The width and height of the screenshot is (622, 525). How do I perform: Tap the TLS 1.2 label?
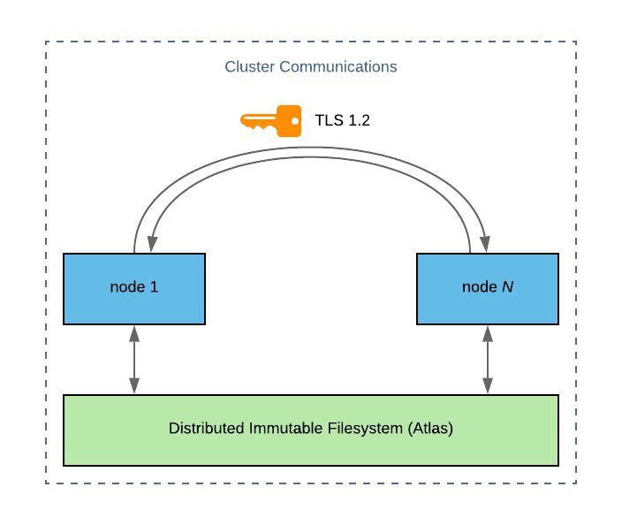[x=342, y=120]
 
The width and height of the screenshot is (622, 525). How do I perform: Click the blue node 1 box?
[x=134, y=288]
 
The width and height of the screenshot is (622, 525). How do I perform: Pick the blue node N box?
[x=487, y=288]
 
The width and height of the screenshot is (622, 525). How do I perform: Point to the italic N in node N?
[x=507, y=288]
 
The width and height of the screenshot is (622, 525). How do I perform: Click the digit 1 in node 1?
[x=155, y=288]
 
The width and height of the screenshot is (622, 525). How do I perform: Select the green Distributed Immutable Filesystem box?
[x=311, y=430]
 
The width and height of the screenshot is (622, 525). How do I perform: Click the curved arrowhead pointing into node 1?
[x=152, y=243]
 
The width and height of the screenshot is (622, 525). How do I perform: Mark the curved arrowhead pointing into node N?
[x=487, y=243]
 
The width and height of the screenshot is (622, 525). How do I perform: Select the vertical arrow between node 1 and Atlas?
[x=134, y=359]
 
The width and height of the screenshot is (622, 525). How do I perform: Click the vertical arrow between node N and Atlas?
[x=487, y=359]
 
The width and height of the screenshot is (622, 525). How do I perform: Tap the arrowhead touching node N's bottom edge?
[x=487, y=332]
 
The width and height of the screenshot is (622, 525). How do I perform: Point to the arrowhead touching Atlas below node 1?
[x=134, y=386]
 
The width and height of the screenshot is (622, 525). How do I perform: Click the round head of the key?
[x=288, y=119]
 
